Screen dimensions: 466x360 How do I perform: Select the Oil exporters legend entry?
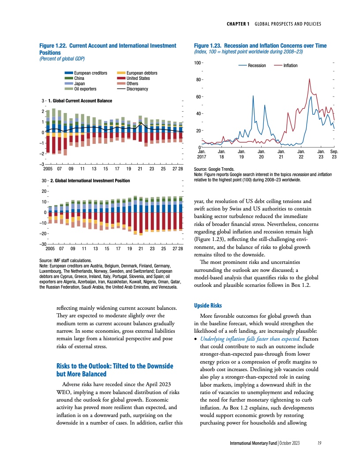click(x=85, y=89)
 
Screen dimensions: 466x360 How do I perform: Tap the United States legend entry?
click(x=138, y=78)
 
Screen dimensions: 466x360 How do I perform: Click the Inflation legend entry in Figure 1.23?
click(x=290, y=65)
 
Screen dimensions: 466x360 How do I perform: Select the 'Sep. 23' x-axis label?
click(x=334, y=154)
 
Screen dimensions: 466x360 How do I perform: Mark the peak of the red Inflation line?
click(x=310, y=79)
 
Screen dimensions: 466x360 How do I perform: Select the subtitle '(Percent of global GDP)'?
click(x=62, y=59)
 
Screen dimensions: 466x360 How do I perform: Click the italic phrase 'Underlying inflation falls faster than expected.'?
click(x=251, y=338)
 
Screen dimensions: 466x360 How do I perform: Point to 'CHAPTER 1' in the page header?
click(x=239, y=23)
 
